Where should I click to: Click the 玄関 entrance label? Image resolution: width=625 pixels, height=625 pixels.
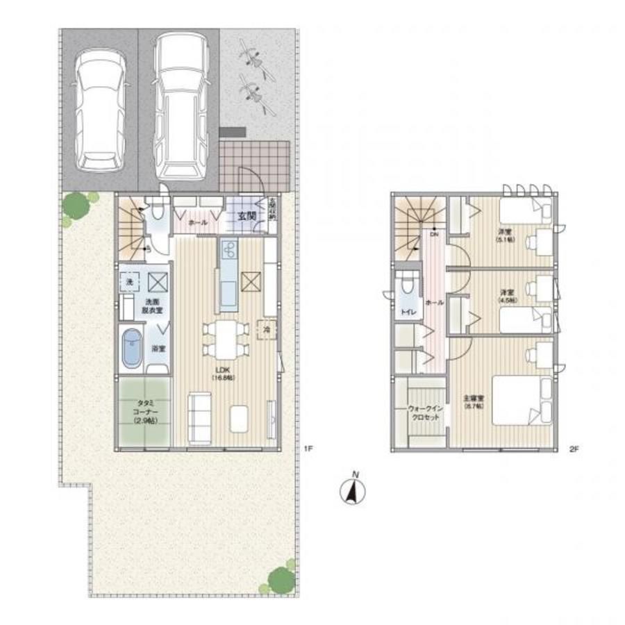click(x=247, y=217)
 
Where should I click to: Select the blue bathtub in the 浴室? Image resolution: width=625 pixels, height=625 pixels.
click(x=132, y=349)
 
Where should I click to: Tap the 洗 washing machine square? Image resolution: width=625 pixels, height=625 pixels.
click(x=130, y=281)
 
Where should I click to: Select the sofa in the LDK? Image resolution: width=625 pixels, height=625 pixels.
click(x=200, y=418)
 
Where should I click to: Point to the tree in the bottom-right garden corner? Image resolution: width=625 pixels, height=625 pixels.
click(x=281, y=578)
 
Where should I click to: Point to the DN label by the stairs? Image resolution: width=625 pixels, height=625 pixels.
click(x=435, y=235)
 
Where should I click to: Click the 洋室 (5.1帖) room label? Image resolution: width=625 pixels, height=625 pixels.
click(x=504, y=235)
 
